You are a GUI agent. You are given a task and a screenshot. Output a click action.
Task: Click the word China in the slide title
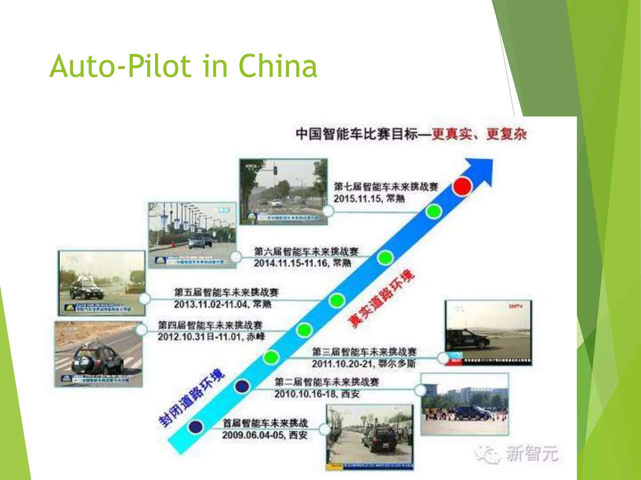coord(278,66)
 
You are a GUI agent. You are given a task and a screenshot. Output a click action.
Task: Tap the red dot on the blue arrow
coord(462,186)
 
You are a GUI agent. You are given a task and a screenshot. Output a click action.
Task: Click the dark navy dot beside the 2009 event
coord(196,427)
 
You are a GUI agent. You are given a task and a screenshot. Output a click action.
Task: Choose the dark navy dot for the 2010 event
coord(242,386)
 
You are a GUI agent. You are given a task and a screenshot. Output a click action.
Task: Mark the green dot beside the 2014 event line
coord(385,258)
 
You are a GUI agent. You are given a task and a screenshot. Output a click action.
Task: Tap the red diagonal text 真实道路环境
coord(381,298)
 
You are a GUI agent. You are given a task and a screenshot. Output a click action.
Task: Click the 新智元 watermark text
coord(532,453)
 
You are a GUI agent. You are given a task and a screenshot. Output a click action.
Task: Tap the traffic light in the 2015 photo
coord(275,170)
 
